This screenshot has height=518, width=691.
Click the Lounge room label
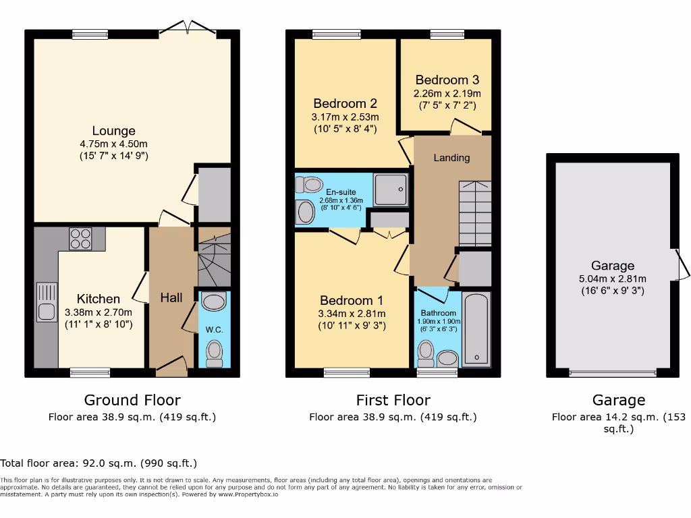113,131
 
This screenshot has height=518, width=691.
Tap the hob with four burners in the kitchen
80,239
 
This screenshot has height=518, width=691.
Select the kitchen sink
47,302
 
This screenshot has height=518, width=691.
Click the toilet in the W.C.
215,355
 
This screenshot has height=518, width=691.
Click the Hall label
171,297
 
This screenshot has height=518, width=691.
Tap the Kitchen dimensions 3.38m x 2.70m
99,312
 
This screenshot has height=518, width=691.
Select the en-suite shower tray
391,190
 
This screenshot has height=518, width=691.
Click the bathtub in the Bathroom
476,329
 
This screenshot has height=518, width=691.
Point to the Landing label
451,158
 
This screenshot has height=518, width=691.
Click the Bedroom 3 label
447,80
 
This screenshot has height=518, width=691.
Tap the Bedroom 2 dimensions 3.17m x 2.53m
345,117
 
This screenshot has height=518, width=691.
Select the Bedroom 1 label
351,300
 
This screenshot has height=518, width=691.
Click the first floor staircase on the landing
475,213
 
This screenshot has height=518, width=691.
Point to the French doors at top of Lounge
188,28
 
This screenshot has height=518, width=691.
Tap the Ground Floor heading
132,400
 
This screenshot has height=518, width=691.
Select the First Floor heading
393,400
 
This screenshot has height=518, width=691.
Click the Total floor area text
99,463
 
